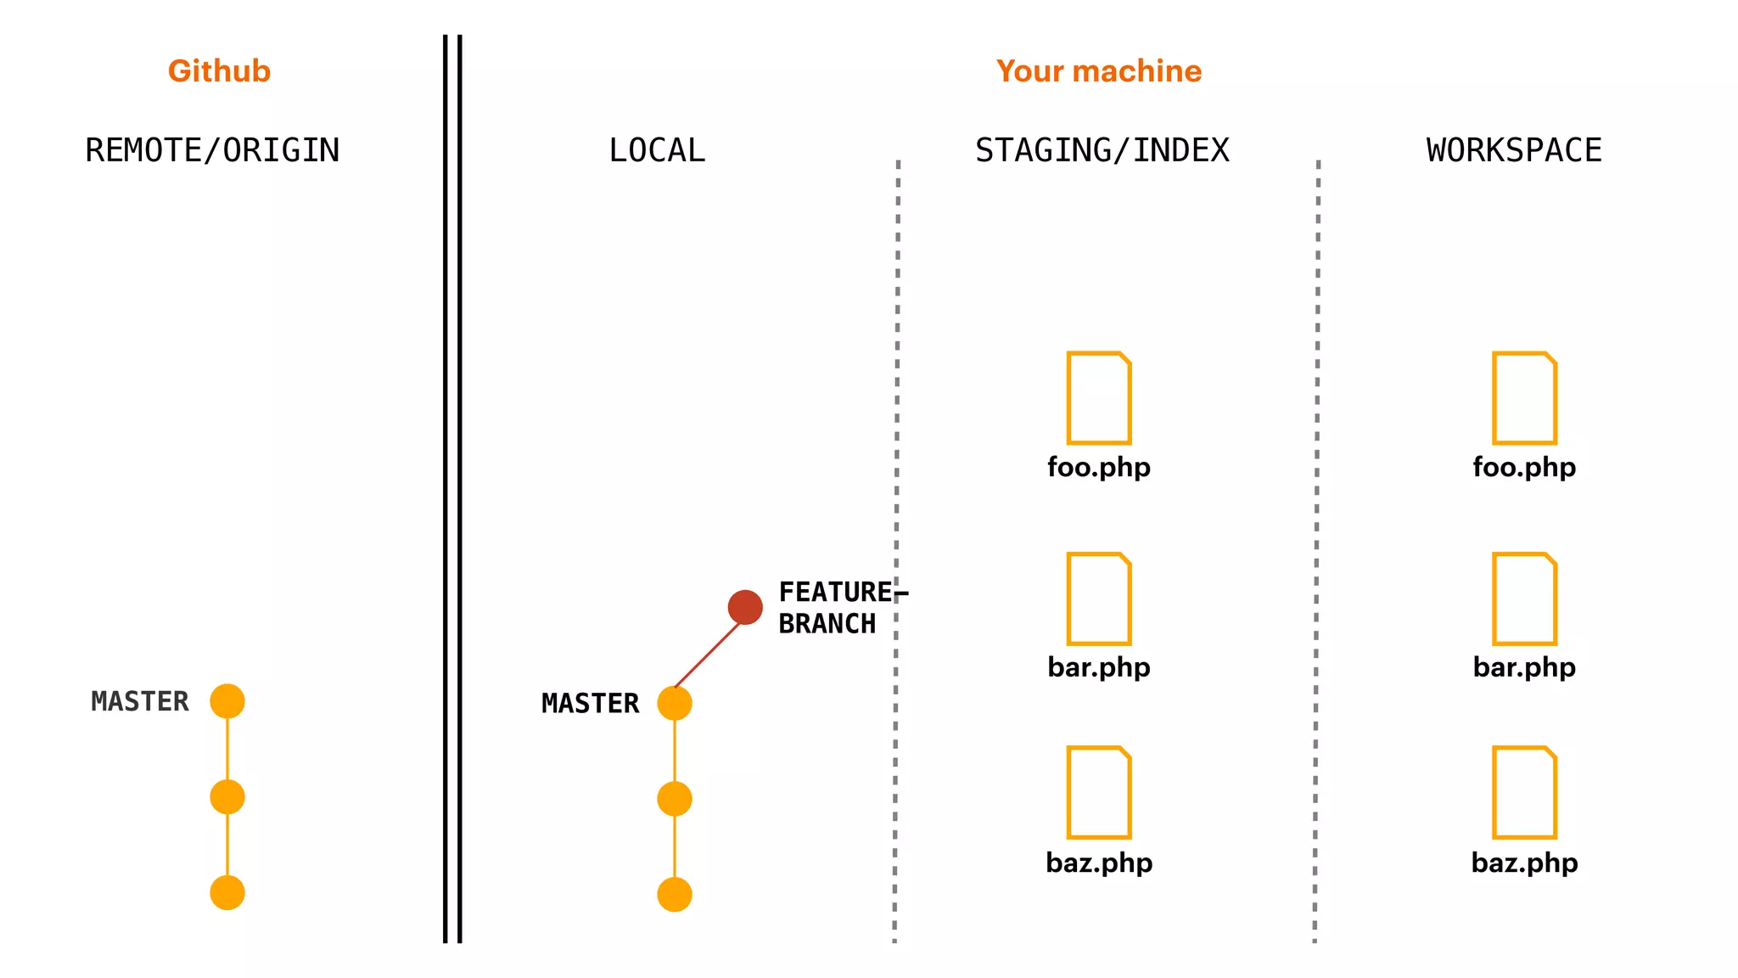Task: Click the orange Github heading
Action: pos(219,71)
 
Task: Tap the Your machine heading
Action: pos(1099,71)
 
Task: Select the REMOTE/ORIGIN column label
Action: pos(212,150)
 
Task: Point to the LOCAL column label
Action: pos(657,150)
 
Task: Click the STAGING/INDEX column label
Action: pos(1102,150)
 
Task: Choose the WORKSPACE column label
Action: pos(1514,150)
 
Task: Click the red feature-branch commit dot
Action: pos(745,607)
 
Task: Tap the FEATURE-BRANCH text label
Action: pos(836,608)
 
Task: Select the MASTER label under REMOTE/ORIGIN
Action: pos(140,701)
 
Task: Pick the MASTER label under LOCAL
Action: pos(591,703)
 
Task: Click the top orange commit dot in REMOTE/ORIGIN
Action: pos(227,701)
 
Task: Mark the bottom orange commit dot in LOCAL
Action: pos(675,895)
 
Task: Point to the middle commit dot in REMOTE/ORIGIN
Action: pos(227,797)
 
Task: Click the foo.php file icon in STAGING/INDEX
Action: pos(1099,397)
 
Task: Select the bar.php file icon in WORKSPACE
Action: pos(1524,599)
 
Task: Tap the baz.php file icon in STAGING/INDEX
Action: pos(1099,792)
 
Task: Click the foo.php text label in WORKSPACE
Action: pos(1524,467)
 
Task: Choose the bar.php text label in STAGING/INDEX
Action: pos(1099,667)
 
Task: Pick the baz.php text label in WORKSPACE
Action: pos(1524,863)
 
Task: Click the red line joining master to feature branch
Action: pos(708,655)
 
